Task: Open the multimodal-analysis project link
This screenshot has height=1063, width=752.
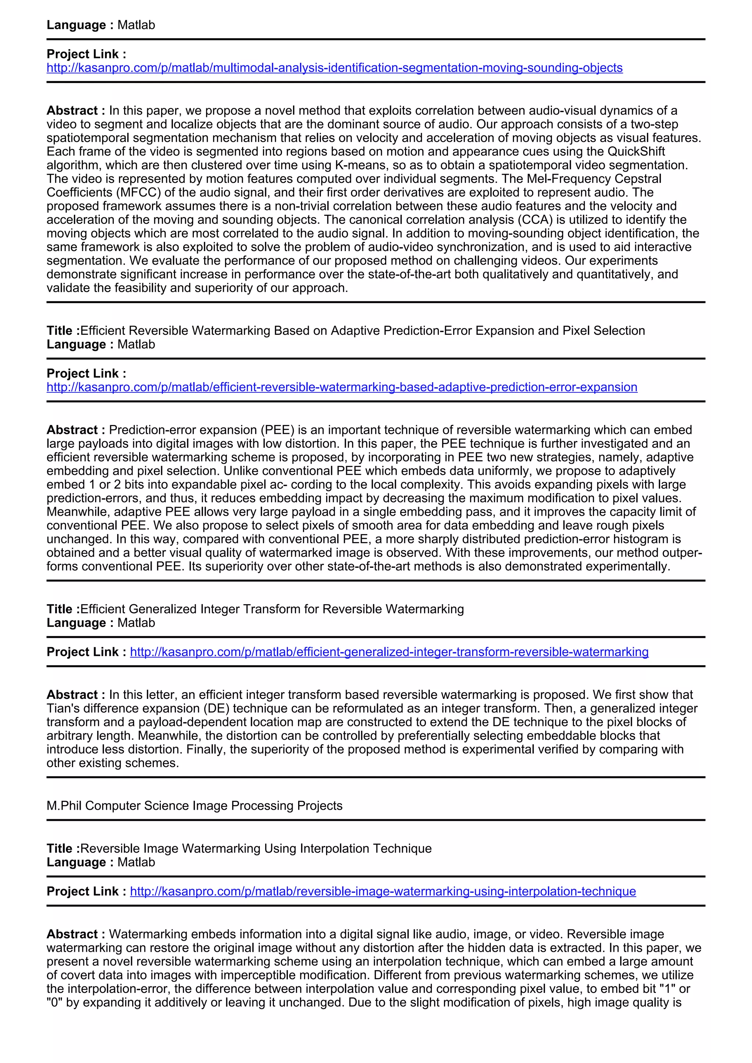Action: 335,68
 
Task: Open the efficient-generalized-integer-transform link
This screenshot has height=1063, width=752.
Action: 389,652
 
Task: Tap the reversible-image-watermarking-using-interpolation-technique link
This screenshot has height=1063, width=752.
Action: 383,891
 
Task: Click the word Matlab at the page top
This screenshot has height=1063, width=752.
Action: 136,25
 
